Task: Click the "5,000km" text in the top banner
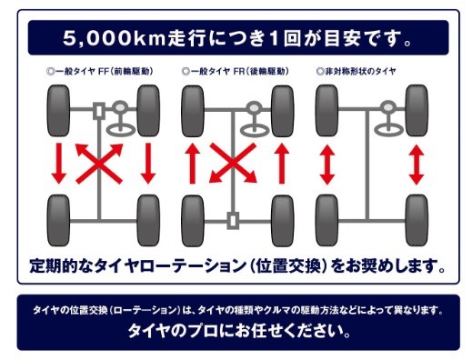coord(115,38)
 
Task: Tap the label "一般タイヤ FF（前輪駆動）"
coord(100,72)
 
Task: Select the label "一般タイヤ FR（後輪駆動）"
coord(236,72)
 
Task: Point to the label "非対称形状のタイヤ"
coord(356,72)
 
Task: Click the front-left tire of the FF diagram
coord(58,111)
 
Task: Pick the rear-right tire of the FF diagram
coord(148,220)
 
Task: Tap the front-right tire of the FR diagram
coord(283,111)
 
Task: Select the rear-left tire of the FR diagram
coord(193,220)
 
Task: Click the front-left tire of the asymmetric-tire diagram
coord(327,111)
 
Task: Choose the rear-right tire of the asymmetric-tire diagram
coord(417,220)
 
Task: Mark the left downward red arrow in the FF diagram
coord(58,164)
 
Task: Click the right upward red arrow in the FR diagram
coord(282,164)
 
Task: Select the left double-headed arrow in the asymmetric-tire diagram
coord(327,165)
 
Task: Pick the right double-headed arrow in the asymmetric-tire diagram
coord(417,165)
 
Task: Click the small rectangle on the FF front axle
coord(99,111)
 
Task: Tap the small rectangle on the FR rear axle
coord(233,221)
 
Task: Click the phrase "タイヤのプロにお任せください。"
coord(239,331)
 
